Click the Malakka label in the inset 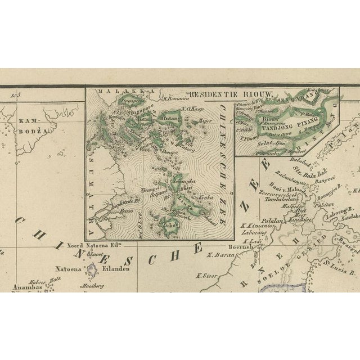click(113, 91)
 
